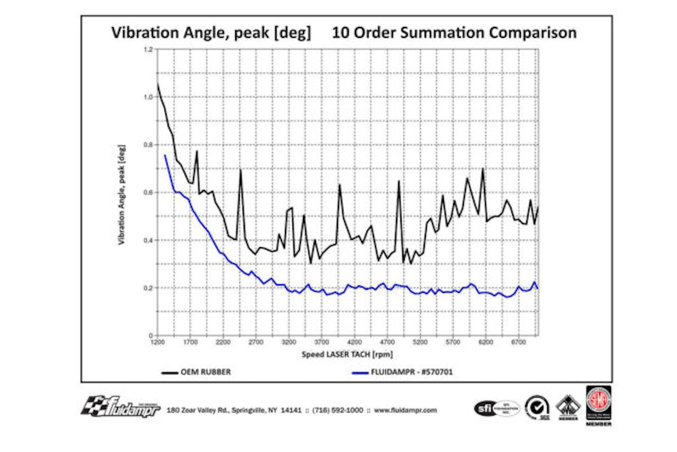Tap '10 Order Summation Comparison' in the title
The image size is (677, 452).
(454, 33)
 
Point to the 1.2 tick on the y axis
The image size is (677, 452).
(148, 50)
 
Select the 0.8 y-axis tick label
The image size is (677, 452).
(148, 145)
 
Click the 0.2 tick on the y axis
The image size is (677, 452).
(148, 288)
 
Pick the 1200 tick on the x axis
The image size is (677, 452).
(158, 342)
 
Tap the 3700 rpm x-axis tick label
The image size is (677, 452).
(322, 342)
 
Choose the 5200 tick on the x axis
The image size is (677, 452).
(420, 342)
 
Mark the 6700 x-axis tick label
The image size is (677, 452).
(518, 342)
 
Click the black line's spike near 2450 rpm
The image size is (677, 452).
(240, 170)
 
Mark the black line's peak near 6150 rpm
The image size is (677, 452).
(483, 169)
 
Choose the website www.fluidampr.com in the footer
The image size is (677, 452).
(406, 410)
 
